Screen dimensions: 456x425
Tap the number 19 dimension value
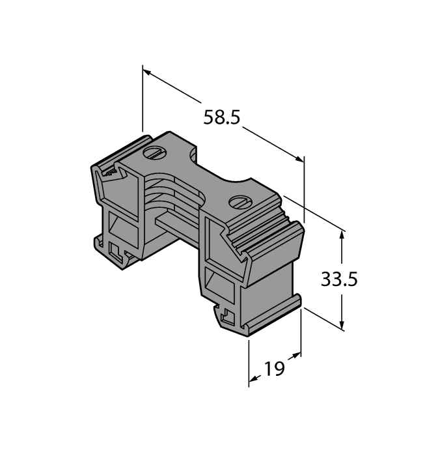(x=275, y=369)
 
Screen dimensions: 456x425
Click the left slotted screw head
(x=154, y=154)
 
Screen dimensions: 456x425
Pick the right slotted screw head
(x=238, y=202)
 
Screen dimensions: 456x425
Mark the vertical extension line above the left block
(x=143, y=98)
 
